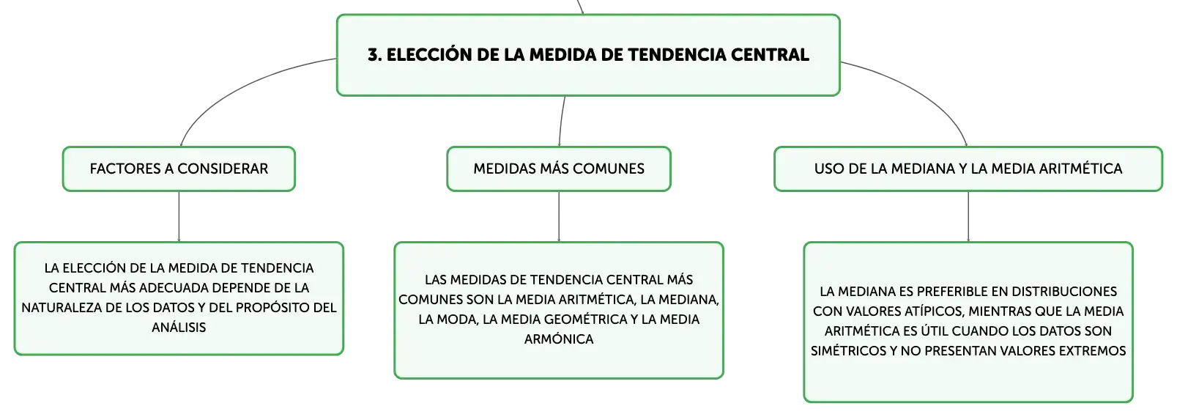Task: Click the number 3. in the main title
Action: tap(375, 55)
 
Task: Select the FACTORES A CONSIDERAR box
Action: tap(179, 169)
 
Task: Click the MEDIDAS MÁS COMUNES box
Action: tap(559, 169)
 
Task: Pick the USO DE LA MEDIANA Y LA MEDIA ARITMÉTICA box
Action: tap(968, 169)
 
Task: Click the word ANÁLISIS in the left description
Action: tap(179, 327)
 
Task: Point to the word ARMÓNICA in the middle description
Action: tap(559, 339)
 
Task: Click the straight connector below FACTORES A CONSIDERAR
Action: tap(179, 217)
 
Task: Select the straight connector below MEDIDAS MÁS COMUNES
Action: tap(559, 217)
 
